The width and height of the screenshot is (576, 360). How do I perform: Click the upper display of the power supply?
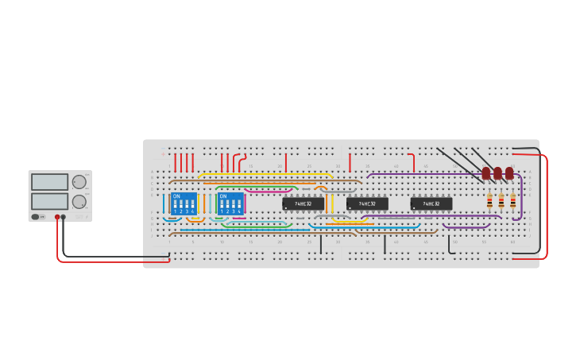pyautogui.click(x=49, y=182)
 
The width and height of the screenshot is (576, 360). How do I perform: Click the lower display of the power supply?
pyautogui.click(x=49, y=201)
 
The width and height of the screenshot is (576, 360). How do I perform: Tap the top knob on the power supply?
pyautogui.click(x=79, y=182)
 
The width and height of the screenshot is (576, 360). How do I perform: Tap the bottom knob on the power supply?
pyautogui.click(x=79, y=202)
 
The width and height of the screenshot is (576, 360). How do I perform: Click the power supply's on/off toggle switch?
pyautogui.click(x=36, y=216)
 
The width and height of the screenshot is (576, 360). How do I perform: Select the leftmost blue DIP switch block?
pyautogui.click(x=183, y=203)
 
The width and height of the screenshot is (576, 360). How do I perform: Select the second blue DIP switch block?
pyautogui.click(x=230, y=203)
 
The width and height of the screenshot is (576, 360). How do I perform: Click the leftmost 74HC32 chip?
pyautogui.click(x=303, y=204)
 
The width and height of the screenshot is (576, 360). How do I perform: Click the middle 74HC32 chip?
pyautogui.click(x=367, y=204)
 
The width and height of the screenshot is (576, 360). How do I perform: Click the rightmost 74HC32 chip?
pyautogui.click(x=431, y=204)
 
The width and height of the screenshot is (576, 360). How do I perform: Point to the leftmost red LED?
pyautogui.click(x=486, y=172)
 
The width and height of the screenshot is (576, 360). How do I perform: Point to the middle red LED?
pyautogui.click(x=497, y=172)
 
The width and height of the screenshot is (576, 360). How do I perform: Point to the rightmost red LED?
pyautogui.click(x=509, y=172)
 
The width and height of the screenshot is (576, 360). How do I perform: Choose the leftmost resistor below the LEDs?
pyautogui.click(x=489, y=202)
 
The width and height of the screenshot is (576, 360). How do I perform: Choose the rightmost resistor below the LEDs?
pyautogui.click(x=512, y=202)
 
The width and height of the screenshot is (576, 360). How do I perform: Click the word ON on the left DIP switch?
pyautogui.click(x=176, y=195)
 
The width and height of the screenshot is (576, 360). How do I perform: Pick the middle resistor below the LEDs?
pyautogui.click(x=501, y=202)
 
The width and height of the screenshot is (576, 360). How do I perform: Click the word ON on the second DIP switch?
pyautogui.click(x=223, y=195)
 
